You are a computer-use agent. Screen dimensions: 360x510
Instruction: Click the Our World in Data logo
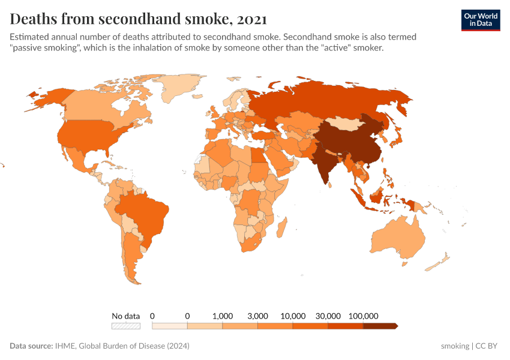tap(480, 19)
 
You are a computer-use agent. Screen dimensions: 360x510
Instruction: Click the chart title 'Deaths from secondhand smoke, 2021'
tap(139, 19)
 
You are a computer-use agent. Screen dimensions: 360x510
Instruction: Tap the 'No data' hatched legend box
tap(125, 326)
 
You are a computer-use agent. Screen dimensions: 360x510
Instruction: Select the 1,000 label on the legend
tap(223, 316)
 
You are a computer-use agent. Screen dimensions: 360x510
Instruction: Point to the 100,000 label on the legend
tap(363, 316)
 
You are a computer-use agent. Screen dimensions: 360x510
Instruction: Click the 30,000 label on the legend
tap(328, 316)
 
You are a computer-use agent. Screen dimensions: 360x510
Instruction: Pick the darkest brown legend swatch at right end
tap(380, 326)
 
